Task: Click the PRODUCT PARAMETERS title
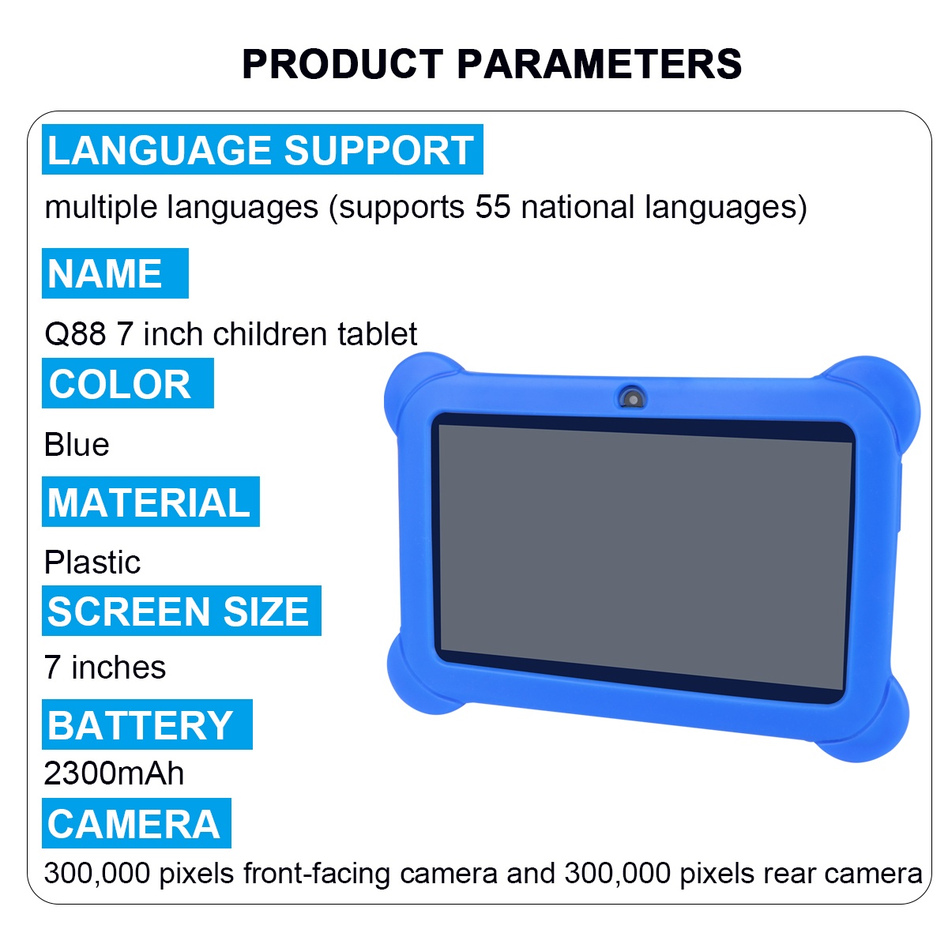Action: [x=491, y=64]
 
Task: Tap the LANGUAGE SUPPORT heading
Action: [x=261, y=150]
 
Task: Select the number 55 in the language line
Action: [x=492, y=208]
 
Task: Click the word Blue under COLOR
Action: [x=77, y=445]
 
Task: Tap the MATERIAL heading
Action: [x=150, y=502]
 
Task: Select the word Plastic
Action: [x=92, y=562]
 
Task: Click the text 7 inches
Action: [x=105, y=668]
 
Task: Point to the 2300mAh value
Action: [x=114, y=773]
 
